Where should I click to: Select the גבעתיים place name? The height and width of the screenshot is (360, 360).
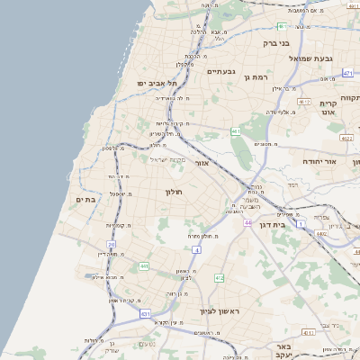tap(220, 71)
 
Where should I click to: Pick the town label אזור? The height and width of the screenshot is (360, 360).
tap(202, 164)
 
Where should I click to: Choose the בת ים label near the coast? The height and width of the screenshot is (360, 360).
tap(85, 199)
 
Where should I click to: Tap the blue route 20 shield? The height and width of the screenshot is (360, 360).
tap(112, 244)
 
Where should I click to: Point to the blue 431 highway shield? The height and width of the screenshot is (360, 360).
tap(145, 314)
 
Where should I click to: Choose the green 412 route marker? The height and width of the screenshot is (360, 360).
tap(219, 278)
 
